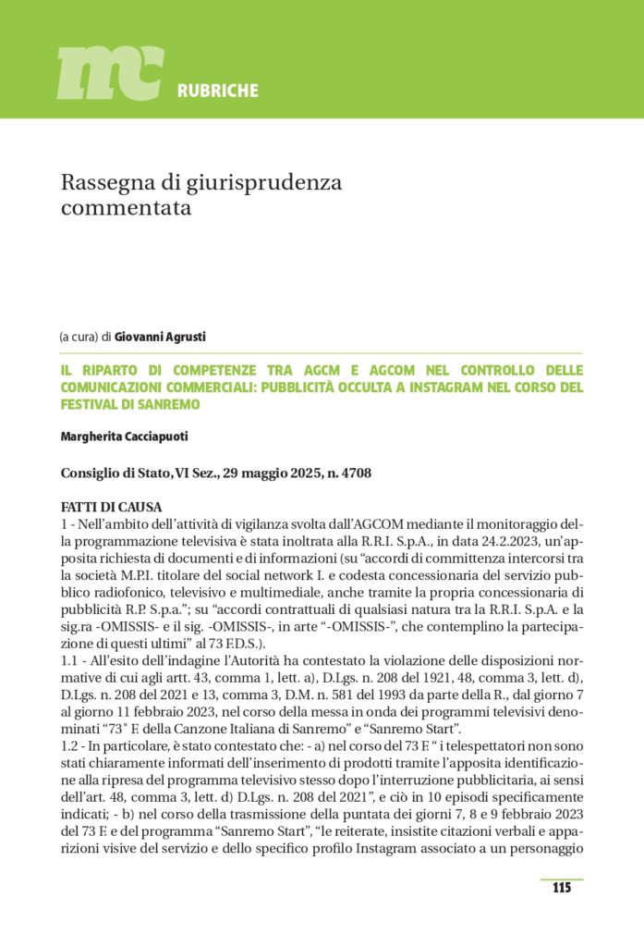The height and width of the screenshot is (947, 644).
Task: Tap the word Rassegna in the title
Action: tap(104, 183)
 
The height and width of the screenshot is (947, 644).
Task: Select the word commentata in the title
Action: tap(126, 208)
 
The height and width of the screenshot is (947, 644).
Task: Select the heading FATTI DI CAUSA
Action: tap(111, 507)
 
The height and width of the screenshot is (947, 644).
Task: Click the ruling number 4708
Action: tap(354, 473)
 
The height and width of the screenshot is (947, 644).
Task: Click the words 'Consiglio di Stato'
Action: tap(110, 473)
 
